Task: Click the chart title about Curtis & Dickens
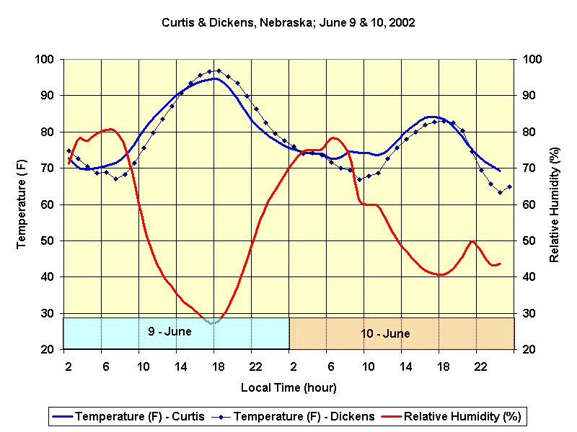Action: coord(288,22)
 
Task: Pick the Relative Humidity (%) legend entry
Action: coord(452,416)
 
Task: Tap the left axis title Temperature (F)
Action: coord(22,204)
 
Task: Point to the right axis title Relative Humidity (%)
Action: coord(555,204)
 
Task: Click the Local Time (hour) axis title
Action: coord(288,388)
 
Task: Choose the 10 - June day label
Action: coord(386,333)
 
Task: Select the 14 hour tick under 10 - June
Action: coord(405,366)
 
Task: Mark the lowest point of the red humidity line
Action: coord(212,323)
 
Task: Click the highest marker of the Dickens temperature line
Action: coord(219,71)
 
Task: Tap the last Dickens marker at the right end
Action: coord(509,186)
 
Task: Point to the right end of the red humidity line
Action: coord(500,264)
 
